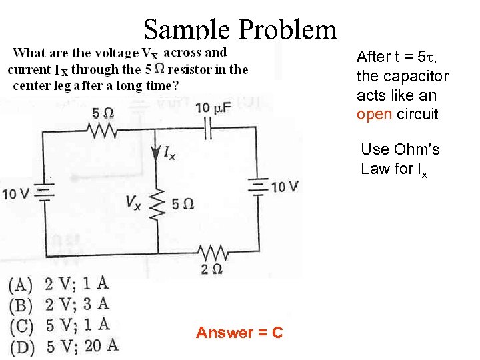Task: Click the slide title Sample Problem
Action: tap(240, 29)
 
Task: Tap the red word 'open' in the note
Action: tap(375, 114)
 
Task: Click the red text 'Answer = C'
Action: tap(239, 332)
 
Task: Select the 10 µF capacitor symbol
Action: tap(208, 129)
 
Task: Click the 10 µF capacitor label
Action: tap(211, 108)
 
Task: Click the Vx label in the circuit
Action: tap(133, 203)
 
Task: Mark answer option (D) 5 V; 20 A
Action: tap(64, 345)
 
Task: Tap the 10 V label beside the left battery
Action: tap(17, 195)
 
